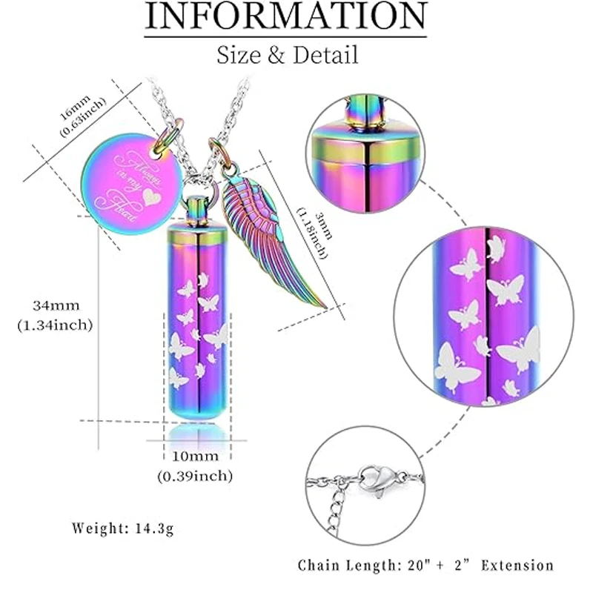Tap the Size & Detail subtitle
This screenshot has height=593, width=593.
(287, 54)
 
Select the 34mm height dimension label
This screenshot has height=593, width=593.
(56, 305)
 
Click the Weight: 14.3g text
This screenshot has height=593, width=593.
(124, 529)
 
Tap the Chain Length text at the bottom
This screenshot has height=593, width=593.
(425, 565)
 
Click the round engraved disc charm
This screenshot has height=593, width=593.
(139, 180)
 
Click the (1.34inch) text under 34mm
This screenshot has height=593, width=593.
(56, 325)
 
